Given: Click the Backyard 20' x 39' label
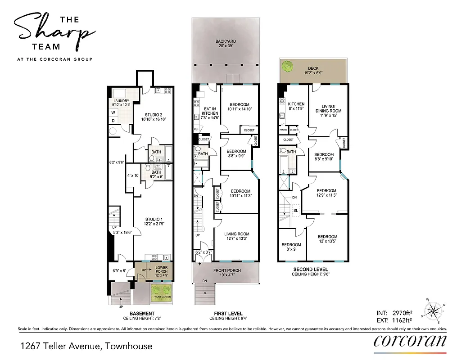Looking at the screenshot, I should [226, 44].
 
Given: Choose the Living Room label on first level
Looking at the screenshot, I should [237, 236].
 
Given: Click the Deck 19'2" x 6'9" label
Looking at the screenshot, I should [313, 71].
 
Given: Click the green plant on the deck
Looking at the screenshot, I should [288, 66].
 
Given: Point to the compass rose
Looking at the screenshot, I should [434, 310].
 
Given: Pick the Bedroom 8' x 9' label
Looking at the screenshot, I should [291, 247].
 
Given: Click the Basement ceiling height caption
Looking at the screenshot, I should [142, 316].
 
